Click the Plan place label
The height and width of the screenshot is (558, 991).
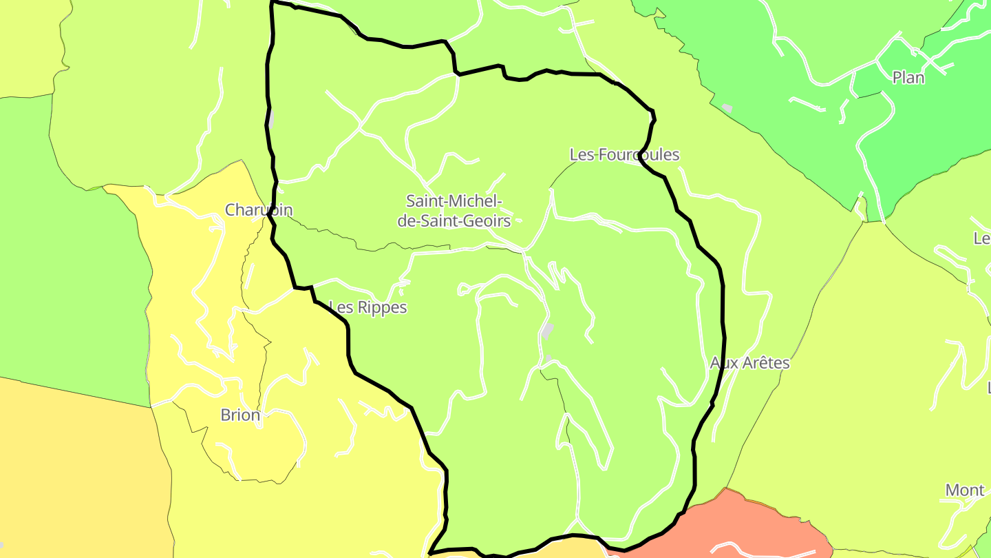[908, 78]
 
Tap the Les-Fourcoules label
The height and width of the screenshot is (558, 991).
[624, 155]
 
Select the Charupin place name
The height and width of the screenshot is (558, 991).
[259, 210]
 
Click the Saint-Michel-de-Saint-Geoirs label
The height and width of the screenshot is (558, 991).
[454, 211]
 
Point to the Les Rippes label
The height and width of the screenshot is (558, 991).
[368, 307]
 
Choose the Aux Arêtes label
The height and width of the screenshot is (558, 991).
[749, 363]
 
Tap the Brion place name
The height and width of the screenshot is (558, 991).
[240, 415]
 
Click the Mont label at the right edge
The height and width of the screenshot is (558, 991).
[964, 490]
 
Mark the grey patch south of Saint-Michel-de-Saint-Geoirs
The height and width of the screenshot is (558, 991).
[548, 331]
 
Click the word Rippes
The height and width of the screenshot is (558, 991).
[380, 307]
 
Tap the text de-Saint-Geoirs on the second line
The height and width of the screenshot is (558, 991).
[454, 221]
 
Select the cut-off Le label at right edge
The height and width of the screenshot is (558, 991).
[982, 238]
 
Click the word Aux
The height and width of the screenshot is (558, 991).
[723, 363]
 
